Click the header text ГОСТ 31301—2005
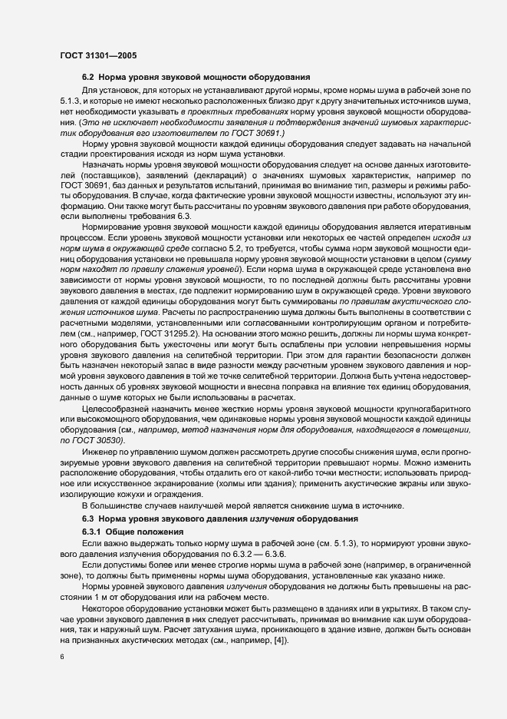pos(99,56)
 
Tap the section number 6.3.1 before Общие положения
pos(91,532)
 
